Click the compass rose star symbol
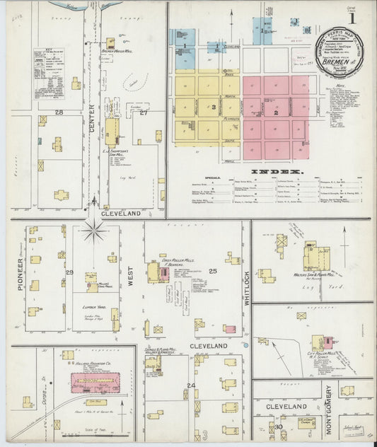point(93,230)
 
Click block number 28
point(59,112)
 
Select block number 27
point(144,112)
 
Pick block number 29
point(69,272)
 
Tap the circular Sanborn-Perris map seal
point(340,52)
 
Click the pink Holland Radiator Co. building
point(95,383)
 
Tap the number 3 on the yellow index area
point(212,107)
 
